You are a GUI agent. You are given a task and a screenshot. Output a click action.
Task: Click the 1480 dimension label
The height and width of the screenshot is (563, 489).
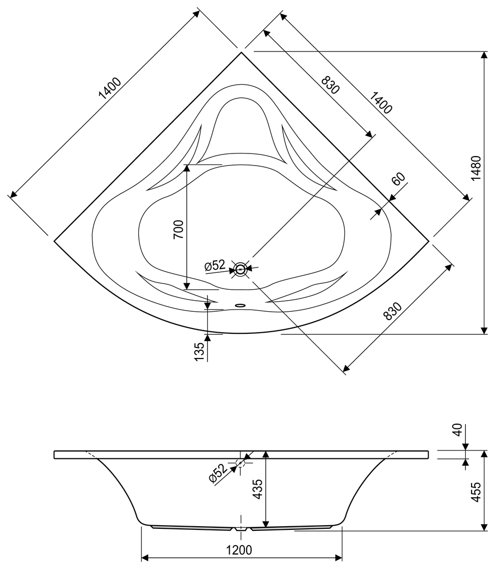pos(475,169)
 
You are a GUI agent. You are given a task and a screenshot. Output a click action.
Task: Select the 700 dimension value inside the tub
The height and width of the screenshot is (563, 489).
pos(178,230)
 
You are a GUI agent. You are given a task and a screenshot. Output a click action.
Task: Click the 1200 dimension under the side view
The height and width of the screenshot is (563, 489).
pos(239,550)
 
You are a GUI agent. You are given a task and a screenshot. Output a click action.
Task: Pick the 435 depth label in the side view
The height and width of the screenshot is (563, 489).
pos(257,493)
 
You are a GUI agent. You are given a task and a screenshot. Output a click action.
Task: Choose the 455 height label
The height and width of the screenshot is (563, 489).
pos(475,493)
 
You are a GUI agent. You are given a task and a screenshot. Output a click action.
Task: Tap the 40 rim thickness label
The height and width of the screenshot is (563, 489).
pos(456,431)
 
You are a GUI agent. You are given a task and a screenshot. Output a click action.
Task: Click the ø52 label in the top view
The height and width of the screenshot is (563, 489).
pos(215,266)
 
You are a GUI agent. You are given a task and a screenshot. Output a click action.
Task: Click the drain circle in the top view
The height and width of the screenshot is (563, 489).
pos(240,269)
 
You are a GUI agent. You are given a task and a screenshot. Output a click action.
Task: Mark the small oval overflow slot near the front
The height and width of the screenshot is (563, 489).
pos(240,304)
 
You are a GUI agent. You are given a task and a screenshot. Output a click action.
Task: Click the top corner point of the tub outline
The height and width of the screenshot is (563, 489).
pos(241,52)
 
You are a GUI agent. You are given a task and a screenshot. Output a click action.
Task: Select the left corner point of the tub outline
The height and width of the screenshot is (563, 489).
pos(55,241)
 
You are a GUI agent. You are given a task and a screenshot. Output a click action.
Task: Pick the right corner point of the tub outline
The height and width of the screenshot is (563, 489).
pos(429,240)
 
